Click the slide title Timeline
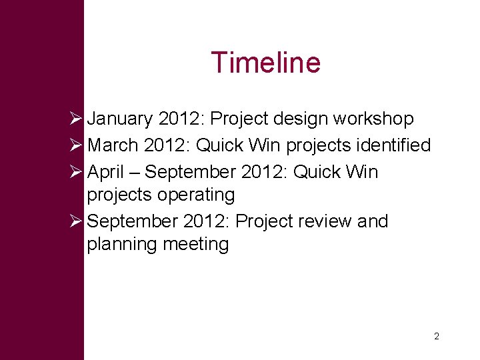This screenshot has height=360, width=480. pyautogui.click(x=265, y=63)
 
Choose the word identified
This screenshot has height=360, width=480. pyautogui.click(x=397, y=145)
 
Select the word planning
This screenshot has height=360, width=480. pyautogui.click(x=120, y=245)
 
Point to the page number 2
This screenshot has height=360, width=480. pyautogui.click(x=436, y=337)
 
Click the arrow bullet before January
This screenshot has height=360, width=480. pyautogui.click(x=76, y=119)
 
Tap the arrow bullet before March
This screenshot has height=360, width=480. pyautogui.click(x=76, y=145)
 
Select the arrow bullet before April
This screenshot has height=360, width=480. pyautogui.click(x=76, y=172)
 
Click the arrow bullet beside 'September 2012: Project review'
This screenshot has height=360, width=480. pyautogui.click(x=76, y=221)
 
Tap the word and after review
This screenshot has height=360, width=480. pyautogui.click(x=373, y=221)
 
